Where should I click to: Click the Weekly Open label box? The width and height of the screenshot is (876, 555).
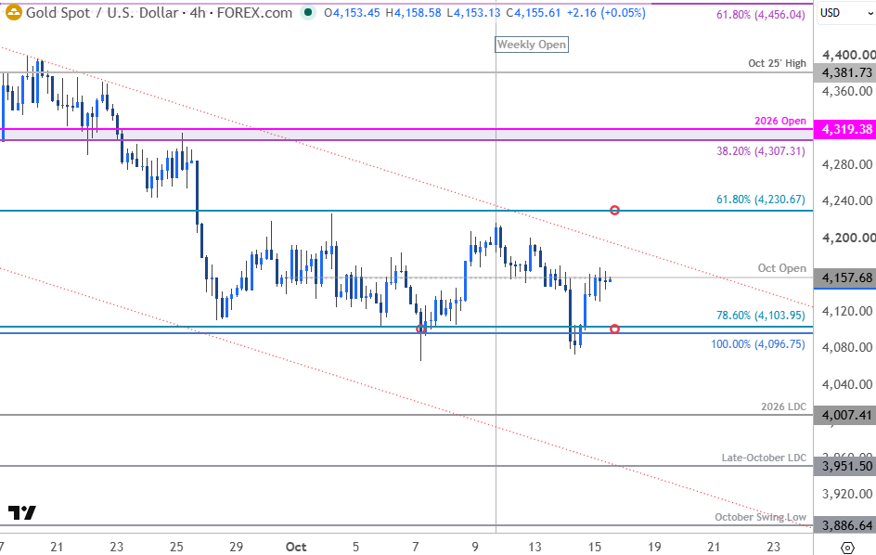[532, 45]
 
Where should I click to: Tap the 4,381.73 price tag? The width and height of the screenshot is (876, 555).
[844, 72]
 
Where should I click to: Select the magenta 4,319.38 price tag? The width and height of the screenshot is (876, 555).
[844, 129]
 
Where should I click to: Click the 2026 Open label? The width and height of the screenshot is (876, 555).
[779, 121]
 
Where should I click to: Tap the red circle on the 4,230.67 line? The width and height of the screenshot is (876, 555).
[614, 210]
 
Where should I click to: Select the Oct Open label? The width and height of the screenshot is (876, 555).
[781, 268]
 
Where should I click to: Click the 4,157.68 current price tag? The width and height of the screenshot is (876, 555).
[844, 277]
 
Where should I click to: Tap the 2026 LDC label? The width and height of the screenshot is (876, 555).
[783, 407]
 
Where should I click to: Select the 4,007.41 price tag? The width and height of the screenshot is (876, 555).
[844, 415]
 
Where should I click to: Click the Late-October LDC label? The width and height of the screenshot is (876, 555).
[764, 458]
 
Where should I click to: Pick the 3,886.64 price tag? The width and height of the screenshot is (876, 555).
[844, 525]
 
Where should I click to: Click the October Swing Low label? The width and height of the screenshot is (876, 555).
[760, 517]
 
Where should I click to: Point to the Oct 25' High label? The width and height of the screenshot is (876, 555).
[777, 63]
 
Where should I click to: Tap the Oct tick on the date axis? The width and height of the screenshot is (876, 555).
[296, 547]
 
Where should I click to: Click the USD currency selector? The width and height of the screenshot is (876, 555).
[844, 13]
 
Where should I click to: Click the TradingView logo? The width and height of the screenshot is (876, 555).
[22, 512]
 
